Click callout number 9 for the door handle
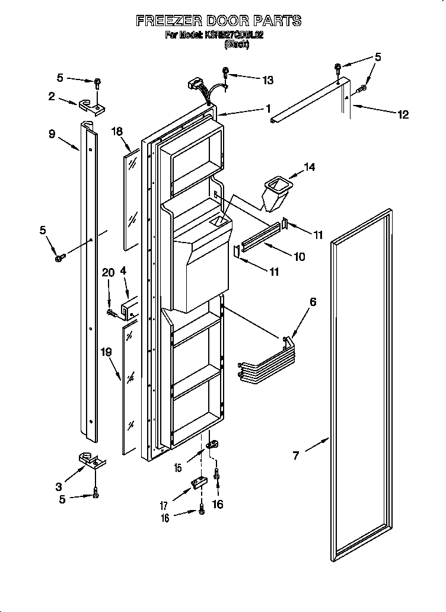click(52, 134)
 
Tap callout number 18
click(116, 132)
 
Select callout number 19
click(106, 352)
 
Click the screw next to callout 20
click(110, 311)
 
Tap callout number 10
click(299, 257)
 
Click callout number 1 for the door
click(268, 109)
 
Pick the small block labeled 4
click(130, 307)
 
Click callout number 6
click(312, 302)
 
